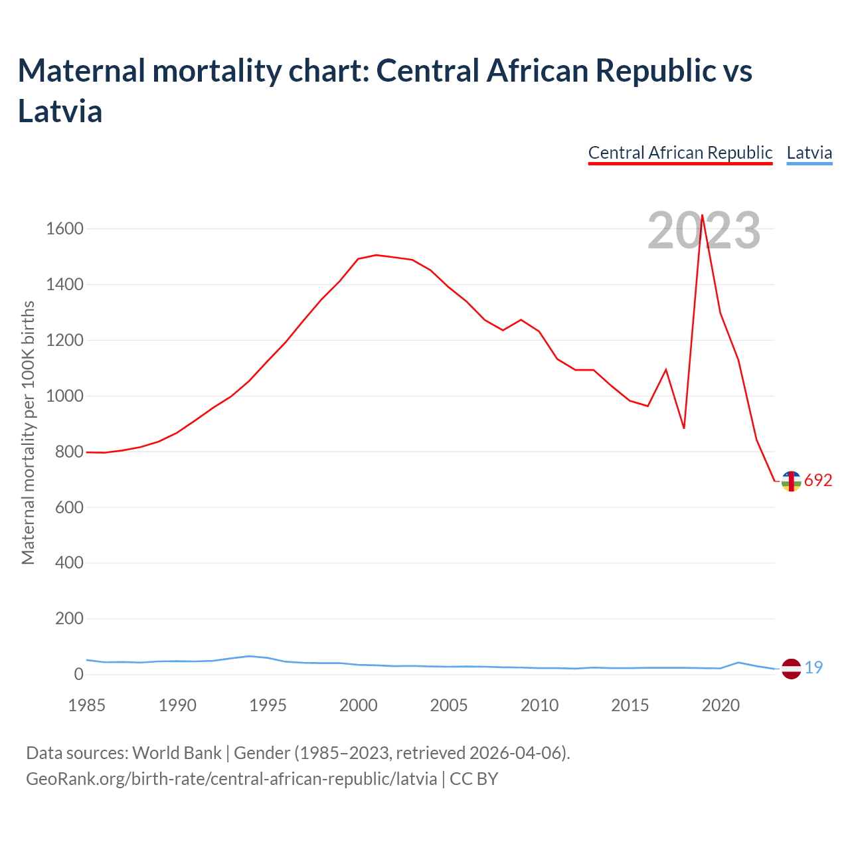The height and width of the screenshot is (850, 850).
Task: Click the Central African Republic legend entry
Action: coord(680,153)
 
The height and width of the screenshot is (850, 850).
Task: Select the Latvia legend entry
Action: coord(809,153)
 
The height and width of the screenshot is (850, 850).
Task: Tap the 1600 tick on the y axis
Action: coord(64,229)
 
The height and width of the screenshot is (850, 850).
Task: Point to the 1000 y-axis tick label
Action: coord(64,396)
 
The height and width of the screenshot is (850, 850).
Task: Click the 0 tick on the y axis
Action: coord(78,675)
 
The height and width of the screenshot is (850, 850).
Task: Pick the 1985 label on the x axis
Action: coord(87,705)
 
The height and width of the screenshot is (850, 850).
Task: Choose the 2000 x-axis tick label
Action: coord(359,705)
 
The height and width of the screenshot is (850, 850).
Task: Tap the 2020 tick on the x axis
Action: coord(721,705)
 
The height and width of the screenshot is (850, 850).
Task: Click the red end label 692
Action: coord(818,481)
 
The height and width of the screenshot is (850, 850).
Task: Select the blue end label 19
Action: coord(813,668)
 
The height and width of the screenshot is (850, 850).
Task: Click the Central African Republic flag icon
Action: coord(791,481)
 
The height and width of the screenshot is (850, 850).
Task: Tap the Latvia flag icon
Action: coord(791,669)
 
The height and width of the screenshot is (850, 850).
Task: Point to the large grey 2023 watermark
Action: coord(704,231)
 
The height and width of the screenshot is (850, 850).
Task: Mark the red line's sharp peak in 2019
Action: coord(702,215)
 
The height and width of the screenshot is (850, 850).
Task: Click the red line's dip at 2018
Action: coord(684,428)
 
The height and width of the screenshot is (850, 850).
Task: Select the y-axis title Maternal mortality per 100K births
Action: coord(28,433)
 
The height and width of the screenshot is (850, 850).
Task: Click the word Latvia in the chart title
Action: coord(60,111)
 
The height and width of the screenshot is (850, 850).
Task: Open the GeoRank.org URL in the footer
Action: coord(231,779)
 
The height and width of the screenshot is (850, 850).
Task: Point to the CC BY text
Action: coord(474,779)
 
